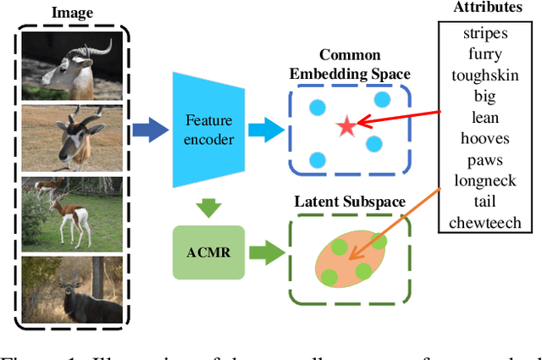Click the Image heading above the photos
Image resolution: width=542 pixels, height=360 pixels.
coord(73,13)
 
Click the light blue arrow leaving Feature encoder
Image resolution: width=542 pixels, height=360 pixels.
coord(268,129)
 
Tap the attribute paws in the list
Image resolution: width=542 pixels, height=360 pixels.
coord(480,159)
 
